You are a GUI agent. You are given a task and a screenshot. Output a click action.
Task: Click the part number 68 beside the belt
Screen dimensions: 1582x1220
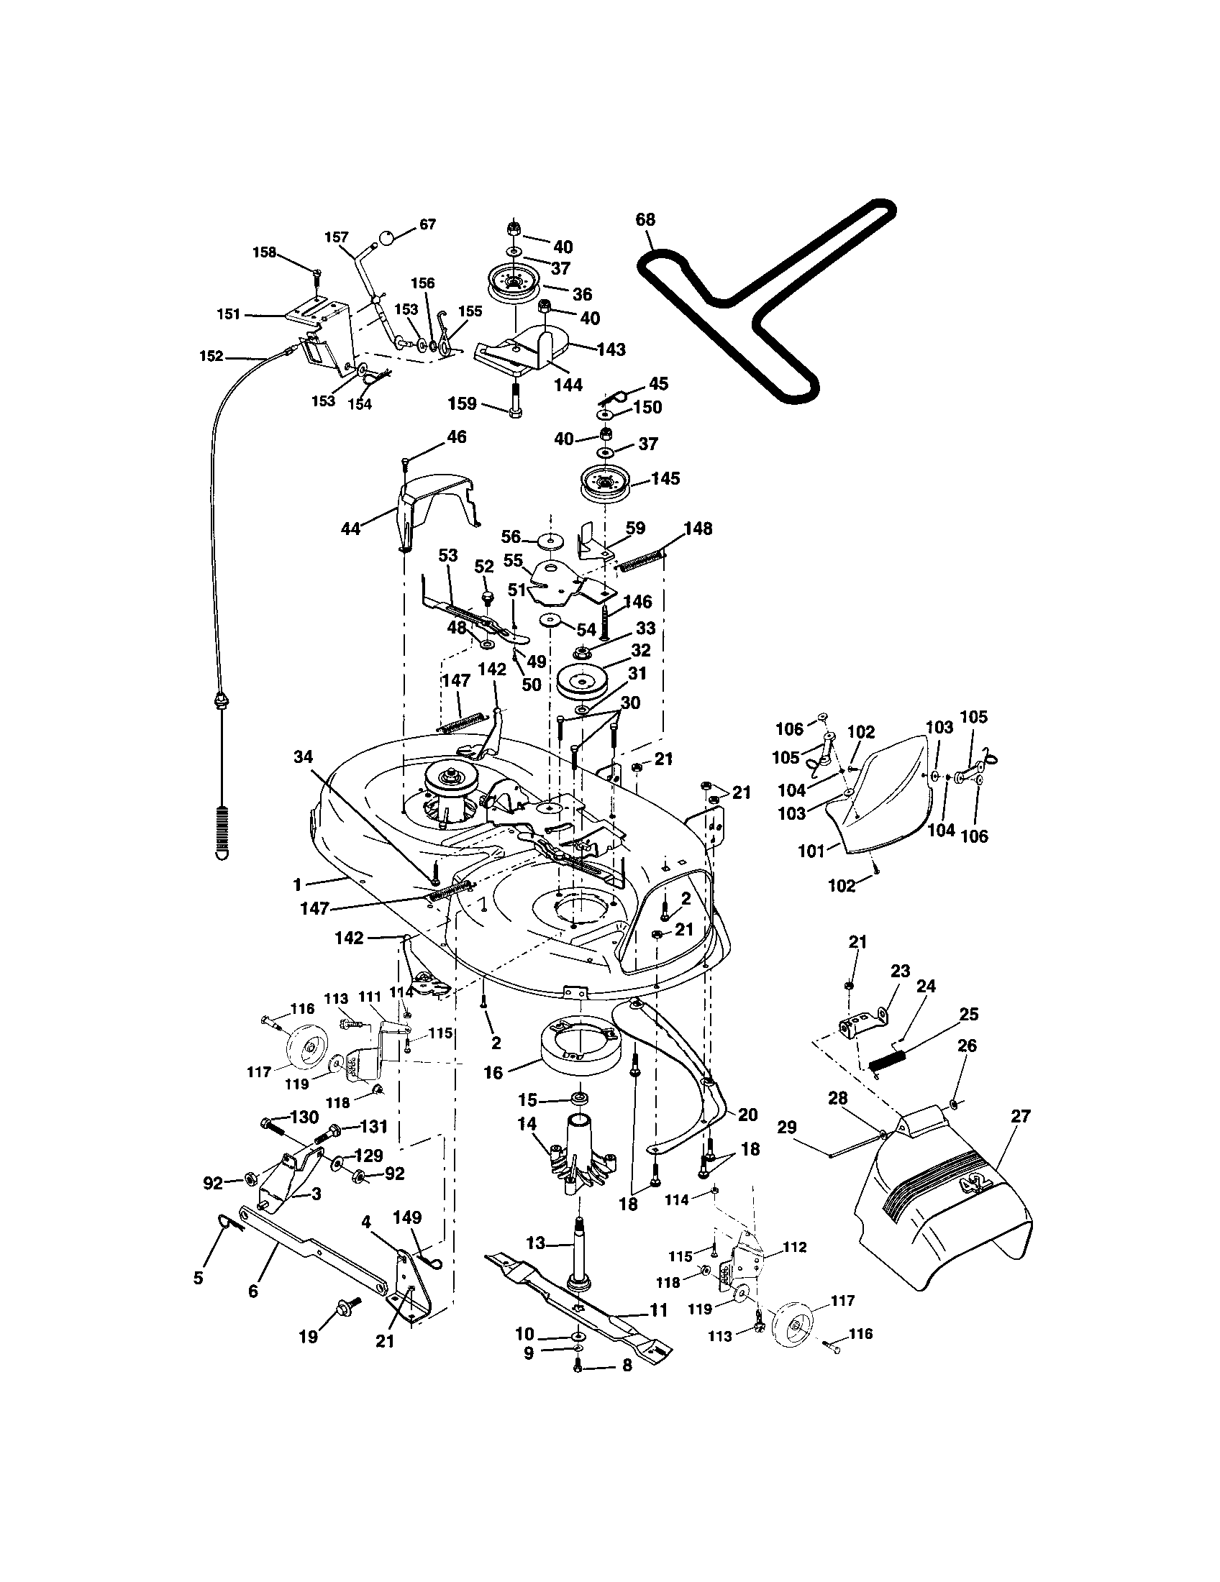645,219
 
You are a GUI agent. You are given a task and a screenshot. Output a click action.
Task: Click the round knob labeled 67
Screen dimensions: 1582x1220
388,236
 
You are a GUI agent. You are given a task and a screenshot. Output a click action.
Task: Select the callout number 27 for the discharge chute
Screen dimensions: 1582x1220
1020,1116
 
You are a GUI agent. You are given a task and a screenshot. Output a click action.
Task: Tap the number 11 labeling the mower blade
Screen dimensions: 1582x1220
657,1309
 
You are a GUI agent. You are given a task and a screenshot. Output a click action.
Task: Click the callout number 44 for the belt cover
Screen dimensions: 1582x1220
350,529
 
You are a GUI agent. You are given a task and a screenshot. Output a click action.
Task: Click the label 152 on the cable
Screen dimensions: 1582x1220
211,356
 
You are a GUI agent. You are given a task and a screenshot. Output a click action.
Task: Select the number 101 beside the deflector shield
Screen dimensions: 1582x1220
811,851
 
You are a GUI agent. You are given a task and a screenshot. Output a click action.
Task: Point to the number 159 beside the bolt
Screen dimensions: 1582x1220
462,403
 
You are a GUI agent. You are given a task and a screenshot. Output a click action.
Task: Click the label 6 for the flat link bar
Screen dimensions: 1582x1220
252,1291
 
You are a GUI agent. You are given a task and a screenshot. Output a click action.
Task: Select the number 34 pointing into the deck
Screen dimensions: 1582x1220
303,757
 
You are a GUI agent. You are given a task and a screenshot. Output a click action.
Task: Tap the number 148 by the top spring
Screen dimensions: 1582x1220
698,529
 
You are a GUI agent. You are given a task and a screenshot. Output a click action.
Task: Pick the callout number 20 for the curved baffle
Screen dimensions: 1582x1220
747,1115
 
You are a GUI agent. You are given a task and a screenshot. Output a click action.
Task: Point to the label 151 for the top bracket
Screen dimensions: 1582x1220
229,314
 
